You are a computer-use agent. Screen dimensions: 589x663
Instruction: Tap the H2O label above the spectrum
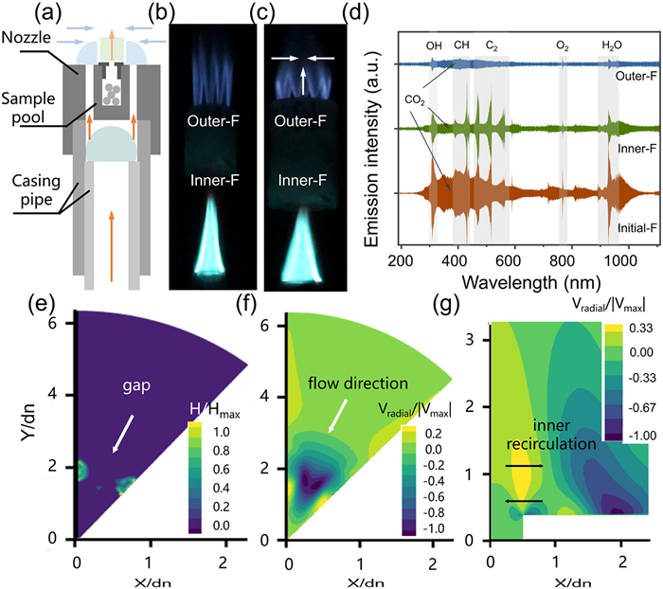613,45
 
